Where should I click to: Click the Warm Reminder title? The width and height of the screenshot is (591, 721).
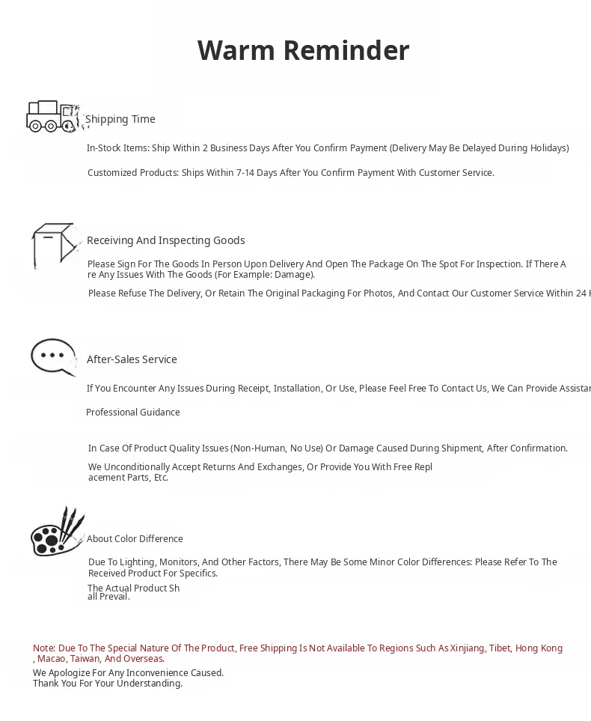[x=303, y=51]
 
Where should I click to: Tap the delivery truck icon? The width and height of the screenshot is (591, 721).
[x=52, y=117]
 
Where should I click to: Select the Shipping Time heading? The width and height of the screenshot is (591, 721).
[x=120, y=119]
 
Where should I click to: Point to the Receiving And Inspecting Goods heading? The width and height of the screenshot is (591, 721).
[x=165, y=240]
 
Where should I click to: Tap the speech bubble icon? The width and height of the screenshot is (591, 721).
[x=54, y=356]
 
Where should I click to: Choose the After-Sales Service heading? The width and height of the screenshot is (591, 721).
[x=132, y=359]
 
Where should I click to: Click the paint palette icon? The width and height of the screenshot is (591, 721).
[x=58, y=532]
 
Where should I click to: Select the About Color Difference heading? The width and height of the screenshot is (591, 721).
[x=135, y=539]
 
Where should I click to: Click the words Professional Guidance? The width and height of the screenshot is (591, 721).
[x=133, y=413]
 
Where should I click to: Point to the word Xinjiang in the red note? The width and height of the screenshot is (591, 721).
[x=468, y=648]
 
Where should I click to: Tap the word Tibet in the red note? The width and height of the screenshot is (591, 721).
[x=500, y=648]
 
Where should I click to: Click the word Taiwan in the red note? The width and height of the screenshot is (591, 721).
[x=85, y=659]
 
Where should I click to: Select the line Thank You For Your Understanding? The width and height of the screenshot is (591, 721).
[x=107, y=684]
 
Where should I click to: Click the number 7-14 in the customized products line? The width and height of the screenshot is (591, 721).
[x=247, y=173]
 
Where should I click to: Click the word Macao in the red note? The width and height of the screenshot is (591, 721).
[x=51, y=659]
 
